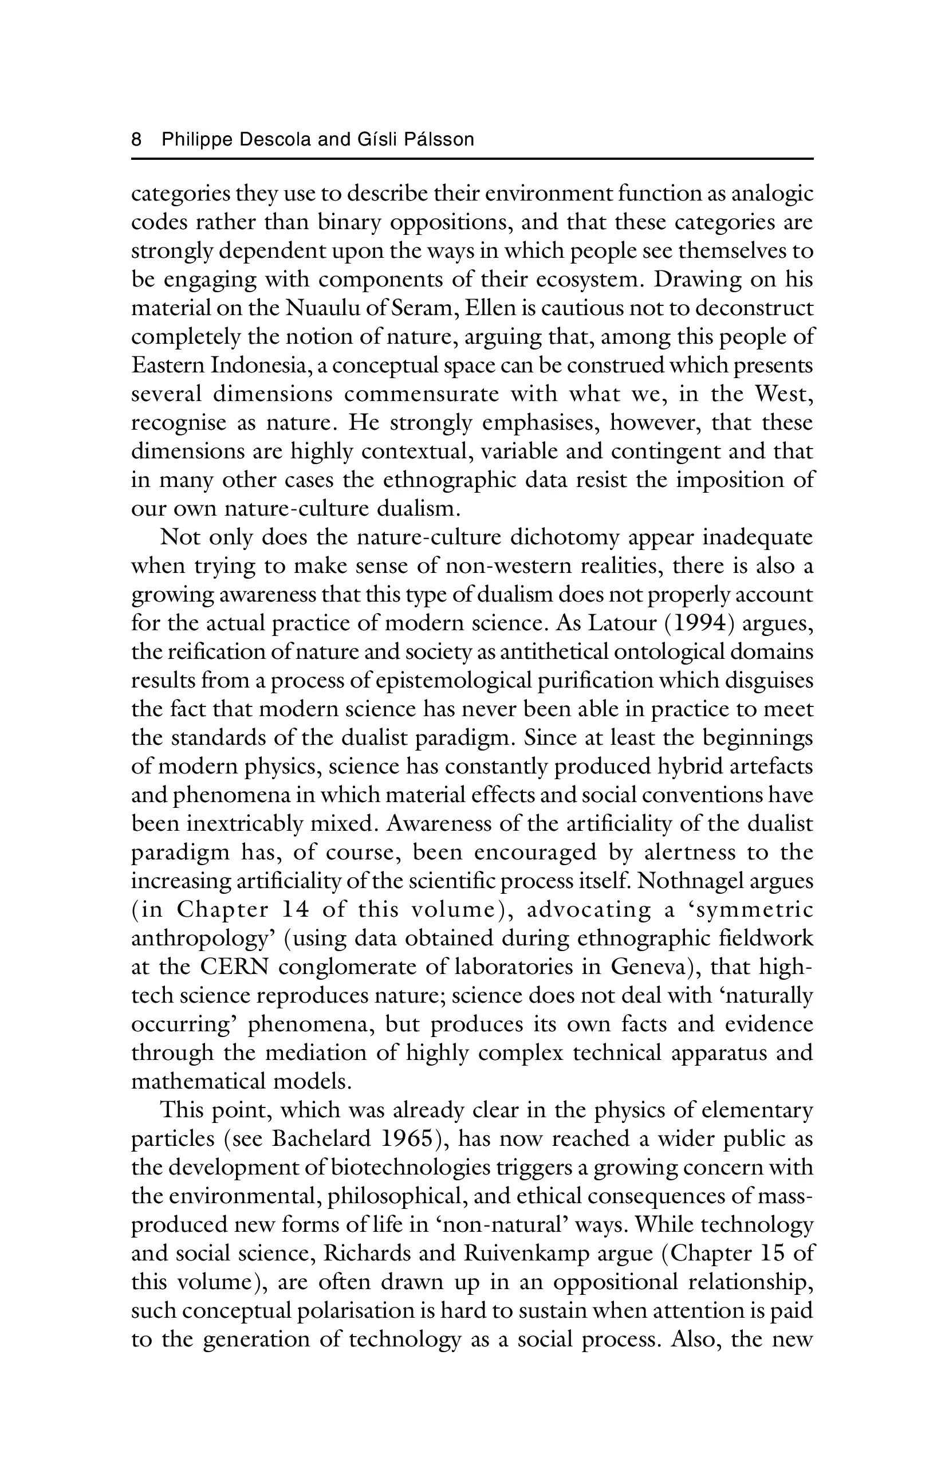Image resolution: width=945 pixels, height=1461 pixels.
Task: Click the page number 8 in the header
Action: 137,140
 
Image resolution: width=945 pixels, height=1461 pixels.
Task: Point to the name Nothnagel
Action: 690,882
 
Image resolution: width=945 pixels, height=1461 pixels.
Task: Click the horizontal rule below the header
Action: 472,160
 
